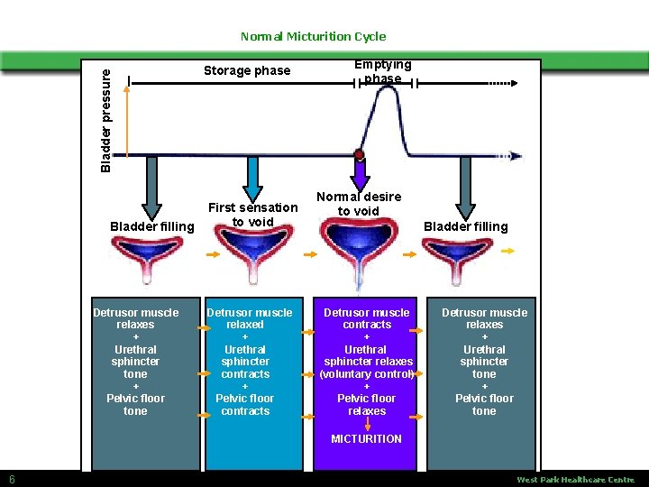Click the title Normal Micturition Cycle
click(313, 37)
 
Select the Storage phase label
click(247, 70)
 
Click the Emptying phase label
click(382, 71)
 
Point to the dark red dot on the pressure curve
click(359, 155)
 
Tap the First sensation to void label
click(252, 215)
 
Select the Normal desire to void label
click(359, 204)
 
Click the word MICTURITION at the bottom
click(366, 439)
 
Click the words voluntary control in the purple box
click(367, 374)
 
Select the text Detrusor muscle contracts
click(367, 318)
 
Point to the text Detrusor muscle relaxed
click(250, 318)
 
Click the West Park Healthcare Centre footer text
click(575, 480)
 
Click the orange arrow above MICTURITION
click(367, 424)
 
